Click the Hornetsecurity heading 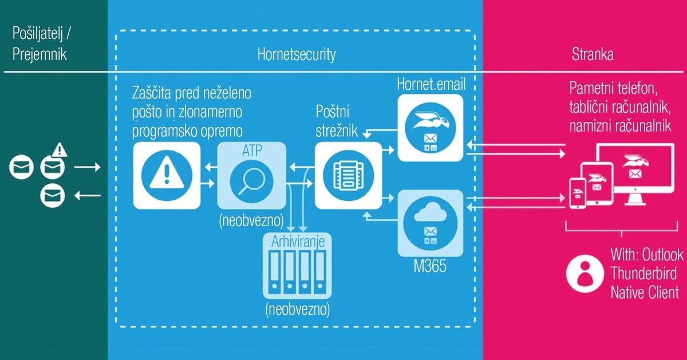click(297, 54)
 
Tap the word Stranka click(593, 54)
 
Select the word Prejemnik click(40, 54)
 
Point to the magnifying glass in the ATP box click(251, 181)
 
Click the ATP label click(252, 151)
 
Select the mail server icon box click(348, 175)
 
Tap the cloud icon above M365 click(431, 212)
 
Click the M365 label click(430, 266)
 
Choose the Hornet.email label click(431, 84)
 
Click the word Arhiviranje click(298, 242)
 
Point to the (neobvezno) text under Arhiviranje click(298, 309)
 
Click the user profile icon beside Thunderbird click(585, 273)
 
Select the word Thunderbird click(643, 273)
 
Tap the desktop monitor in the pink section click(637, 174)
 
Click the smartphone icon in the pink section click(578, 193)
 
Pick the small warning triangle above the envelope click(60, 150)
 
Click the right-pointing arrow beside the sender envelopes click(87, 167)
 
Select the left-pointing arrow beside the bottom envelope click(88, 195)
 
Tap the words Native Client click(645, 292)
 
